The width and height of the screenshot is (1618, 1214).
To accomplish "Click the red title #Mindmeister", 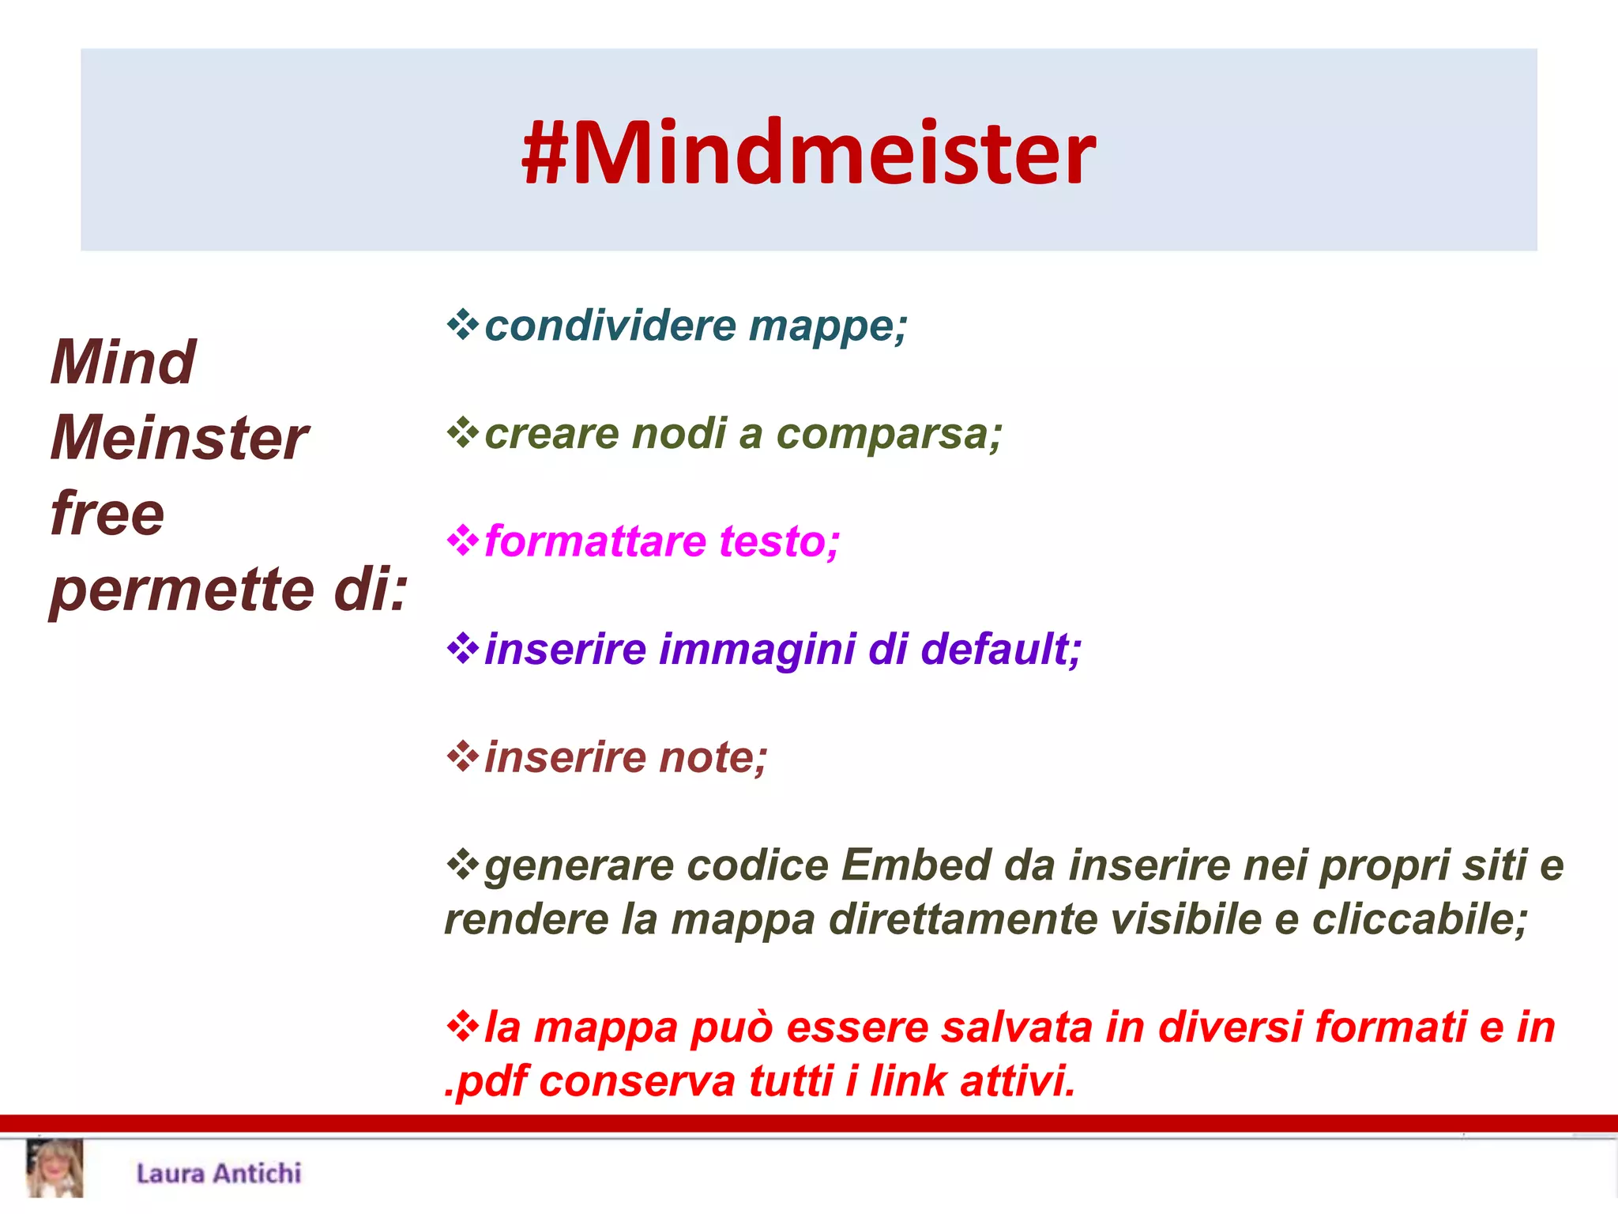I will click(x=808, y=152).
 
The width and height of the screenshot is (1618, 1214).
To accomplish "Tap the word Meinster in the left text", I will click(x=179, y=438).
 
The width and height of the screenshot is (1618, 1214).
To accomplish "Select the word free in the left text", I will click(x=107, y=514).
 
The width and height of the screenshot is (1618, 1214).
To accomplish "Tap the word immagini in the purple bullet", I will click(x=757, y=649).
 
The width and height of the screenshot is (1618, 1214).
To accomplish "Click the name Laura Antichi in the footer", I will click(x=219, y=1174).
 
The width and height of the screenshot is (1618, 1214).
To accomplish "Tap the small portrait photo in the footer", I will click(x=55, y=1169).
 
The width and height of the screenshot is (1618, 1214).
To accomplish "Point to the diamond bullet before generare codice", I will click(x=463, y=864).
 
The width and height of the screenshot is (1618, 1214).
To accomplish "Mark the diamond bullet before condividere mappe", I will click(x=463, y=325).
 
